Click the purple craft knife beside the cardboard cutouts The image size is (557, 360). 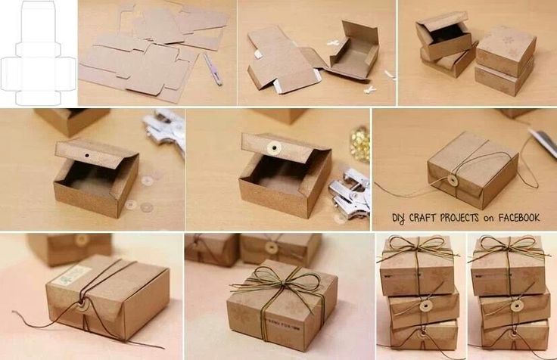coord(212,69)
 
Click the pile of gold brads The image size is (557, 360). coord(359,144)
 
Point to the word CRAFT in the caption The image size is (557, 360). coord(428,218)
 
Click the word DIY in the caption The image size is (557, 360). coord(399,218)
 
